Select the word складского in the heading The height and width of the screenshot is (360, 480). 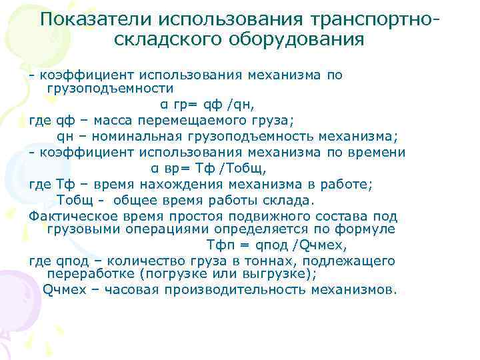169,39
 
